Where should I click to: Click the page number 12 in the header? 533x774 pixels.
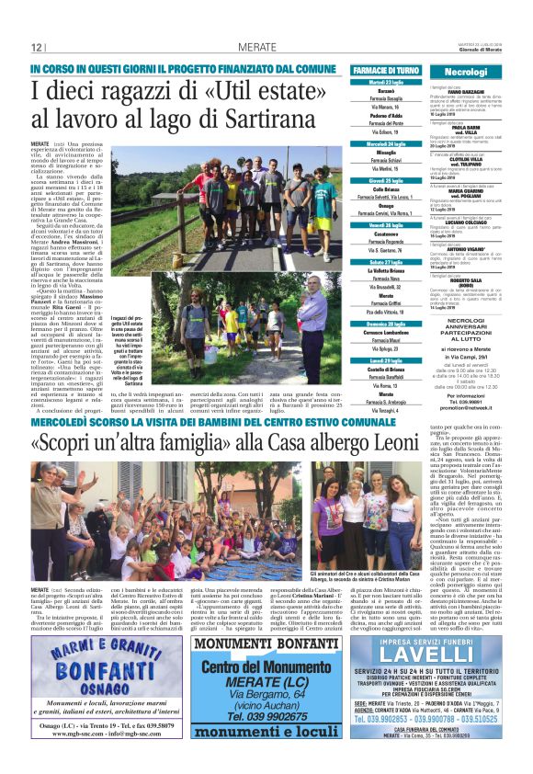tap(38, 48)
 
